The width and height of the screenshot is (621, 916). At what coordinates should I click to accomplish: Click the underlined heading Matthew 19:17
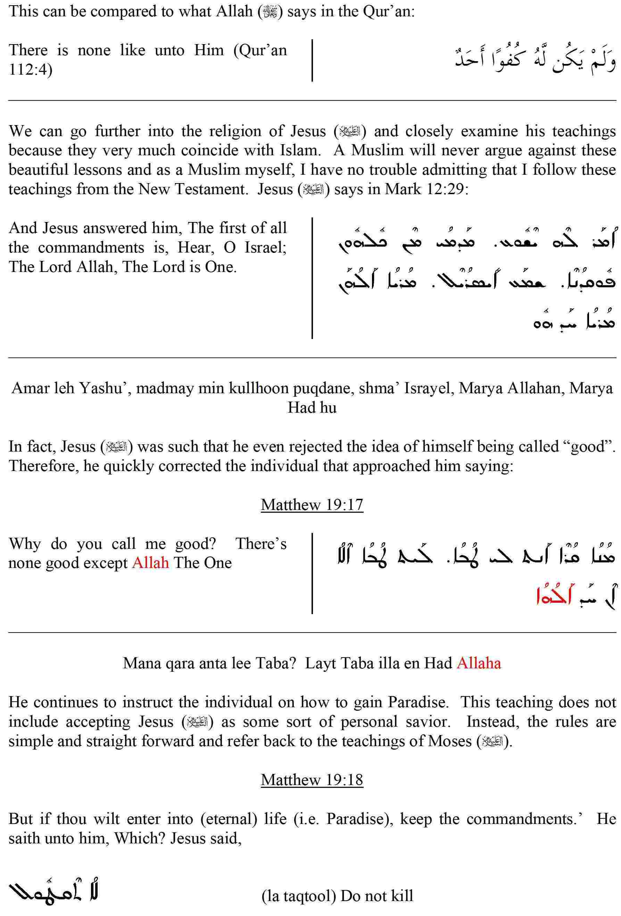tap(312, 505)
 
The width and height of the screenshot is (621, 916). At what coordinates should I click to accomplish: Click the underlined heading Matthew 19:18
tap(312, 780)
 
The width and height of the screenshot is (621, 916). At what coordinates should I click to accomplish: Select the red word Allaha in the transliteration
tap(479, 663)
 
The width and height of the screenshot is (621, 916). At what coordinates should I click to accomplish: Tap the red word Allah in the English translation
tap(150, 563)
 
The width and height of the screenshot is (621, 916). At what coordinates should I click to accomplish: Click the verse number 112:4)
tap(30, 70)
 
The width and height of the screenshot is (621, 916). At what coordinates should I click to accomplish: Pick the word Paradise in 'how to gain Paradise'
tap(417, 702)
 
